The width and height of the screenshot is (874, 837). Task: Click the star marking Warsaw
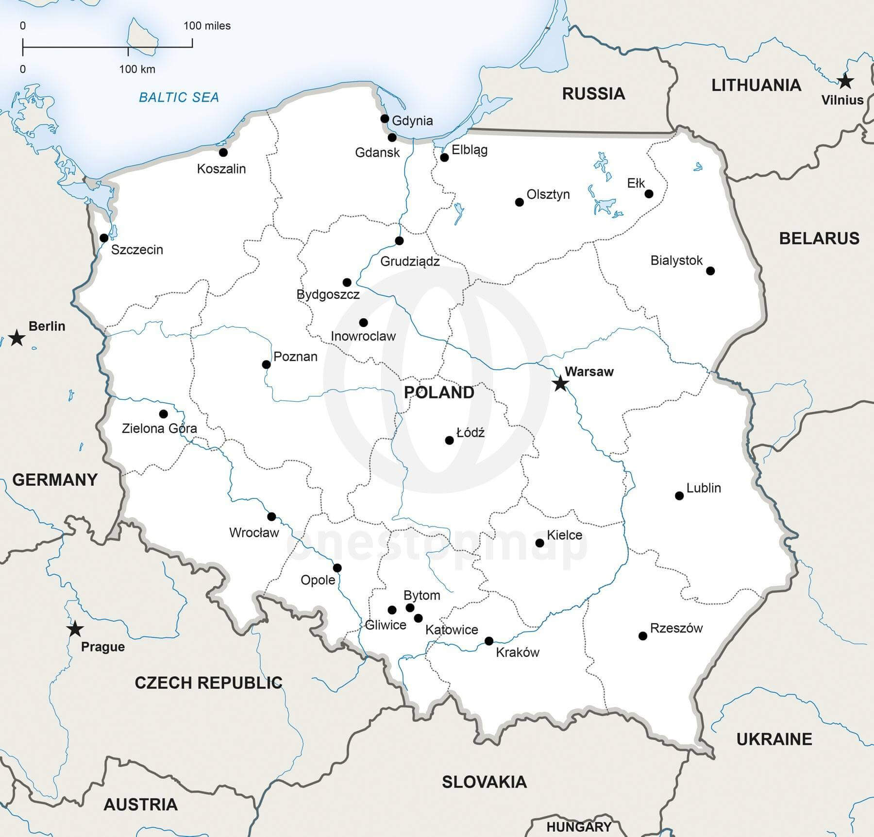560,383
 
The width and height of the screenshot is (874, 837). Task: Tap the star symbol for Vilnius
845,81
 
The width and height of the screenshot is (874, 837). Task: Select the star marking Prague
75,629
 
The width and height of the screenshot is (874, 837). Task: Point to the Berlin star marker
17,338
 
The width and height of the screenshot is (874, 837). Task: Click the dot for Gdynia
385,119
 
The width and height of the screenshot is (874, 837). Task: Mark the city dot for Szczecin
104,238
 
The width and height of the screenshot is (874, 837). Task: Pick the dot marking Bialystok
710,271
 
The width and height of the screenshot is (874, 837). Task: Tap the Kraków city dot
489,641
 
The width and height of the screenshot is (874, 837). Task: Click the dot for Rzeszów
643,636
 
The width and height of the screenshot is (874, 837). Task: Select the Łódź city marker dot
449,440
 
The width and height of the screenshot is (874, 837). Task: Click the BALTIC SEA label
179,97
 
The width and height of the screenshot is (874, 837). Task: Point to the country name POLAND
439,392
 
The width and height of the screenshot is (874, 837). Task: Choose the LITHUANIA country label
756,85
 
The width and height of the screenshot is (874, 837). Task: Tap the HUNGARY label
578,827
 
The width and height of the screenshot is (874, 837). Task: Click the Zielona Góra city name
159,428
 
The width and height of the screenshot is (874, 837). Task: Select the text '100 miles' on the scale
207,26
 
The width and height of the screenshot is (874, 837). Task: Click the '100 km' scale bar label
137,69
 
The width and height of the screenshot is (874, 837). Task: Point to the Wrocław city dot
271,516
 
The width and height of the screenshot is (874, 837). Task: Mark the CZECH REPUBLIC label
208,683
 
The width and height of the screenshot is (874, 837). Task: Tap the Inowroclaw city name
363,336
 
